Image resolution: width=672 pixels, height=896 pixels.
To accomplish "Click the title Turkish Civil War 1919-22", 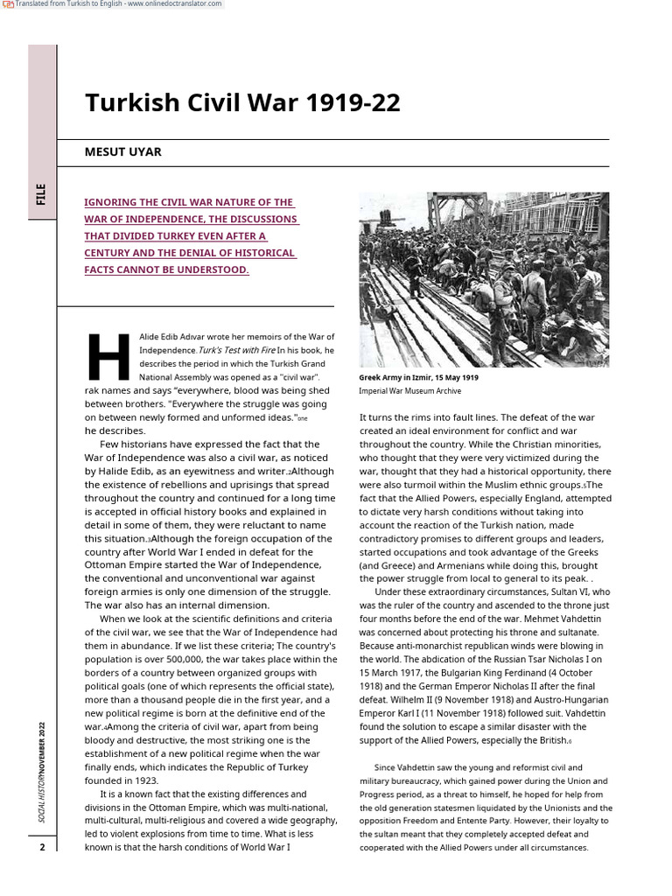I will pyautogui.click(x=242, y=103).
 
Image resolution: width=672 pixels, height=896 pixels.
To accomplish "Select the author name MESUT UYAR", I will pyautogui.click(x=122, y=151).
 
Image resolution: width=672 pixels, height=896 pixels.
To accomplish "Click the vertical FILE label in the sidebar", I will pyautogui.click(x=41, y=194).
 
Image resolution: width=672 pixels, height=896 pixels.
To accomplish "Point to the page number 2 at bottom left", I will pyautogui.click(x=41, y=847).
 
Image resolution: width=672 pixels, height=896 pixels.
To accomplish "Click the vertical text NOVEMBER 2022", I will pyautogui.click(x=41, y=744).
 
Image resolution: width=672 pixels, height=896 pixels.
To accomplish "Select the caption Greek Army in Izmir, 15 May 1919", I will pyautogui.click(x=418, y=377).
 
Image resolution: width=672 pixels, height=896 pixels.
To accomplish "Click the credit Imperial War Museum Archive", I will pyautogui.click(x=409, y=391).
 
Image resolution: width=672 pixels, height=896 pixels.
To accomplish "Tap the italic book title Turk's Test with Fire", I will pyautogui.click(x=236, y=350).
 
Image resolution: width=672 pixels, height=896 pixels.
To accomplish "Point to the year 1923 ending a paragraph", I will pyautogui.click(x=144, y=780).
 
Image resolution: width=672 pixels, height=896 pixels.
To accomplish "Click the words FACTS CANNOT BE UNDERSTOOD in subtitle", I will pyautogui.click(x=166, y=269).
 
